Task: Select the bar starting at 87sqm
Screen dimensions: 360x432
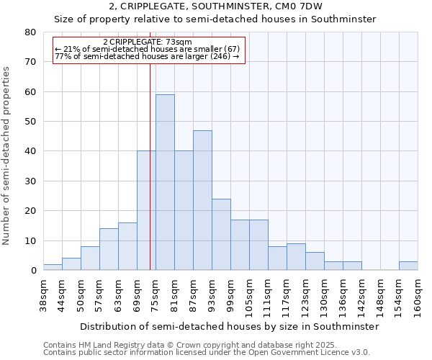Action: click(x=202, y=200)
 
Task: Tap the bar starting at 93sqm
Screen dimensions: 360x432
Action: click(x=221, y=234)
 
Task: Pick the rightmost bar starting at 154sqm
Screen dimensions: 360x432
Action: click(x=408, y=266)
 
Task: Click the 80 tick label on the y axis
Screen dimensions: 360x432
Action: click(x=30, y=32)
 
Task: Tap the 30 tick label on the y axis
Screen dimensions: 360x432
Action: click(x=30, y=181)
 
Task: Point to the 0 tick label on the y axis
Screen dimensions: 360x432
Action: click(x=32, y=271)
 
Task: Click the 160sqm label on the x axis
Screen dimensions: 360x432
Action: click(x=418, y=295)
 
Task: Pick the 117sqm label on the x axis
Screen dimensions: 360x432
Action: click(x=287, y=295)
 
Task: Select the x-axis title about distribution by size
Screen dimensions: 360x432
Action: click(x=229, y=326)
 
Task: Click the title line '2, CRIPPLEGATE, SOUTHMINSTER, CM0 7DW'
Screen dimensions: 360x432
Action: click(x=215, y=6)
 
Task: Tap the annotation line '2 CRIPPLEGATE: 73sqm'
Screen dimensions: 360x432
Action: click(x=148, y=42)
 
